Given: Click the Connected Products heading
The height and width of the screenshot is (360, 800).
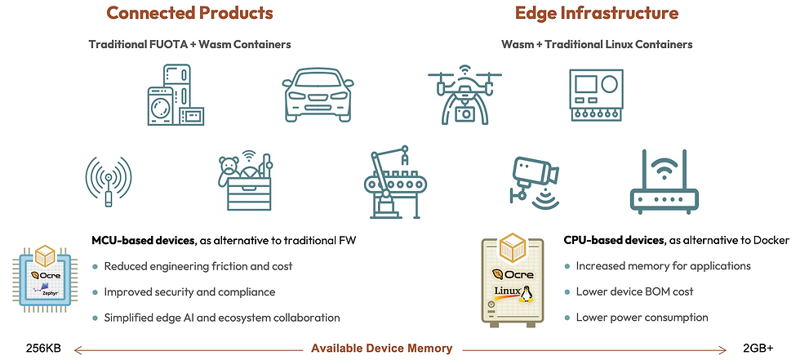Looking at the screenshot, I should click(x=189, y=13).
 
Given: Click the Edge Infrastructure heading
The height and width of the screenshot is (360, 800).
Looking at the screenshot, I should click(x=596, y=13).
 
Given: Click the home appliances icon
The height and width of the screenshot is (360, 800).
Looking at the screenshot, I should click(x=175, y=95).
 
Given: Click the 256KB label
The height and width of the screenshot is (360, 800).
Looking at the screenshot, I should click(x=43, y=348).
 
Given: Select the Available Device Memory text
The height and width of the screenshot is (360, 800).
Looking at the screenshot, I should click(x=381, y=349).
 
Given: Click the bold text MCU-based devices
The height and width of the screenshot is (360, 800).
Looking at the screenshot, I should click(x=143, y=240).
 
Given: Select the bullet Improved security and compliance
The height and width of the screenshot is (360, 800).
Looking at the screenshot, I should click(x=189, y=291).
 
